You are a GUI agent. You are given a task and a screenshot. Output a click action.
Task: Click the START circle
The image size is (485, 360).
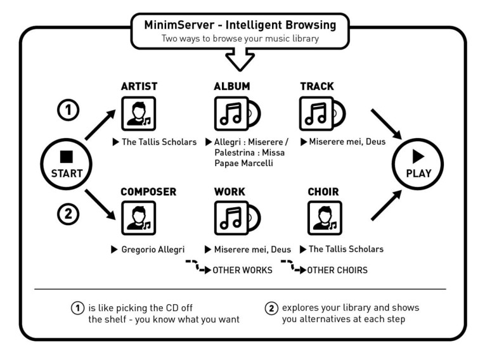pyautogui.click(x=66, y=164)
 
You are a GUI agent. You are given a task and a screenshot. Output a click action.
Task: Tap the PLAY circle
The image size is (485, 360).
pyautogui.click(x=418, y=164)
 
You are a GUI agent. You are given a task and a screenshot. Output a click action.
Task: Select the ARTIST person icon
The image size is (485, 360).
pyautogui.click(x=139, y=113)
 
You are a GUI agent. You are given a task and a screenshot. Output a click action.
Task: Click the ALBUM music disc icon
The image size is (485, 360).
pyautogui.click(x=237, y=113)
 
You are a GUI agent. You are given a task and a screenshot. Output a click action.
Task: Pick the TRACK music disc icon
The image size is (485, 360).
pyautogui.click(x=322, y=113)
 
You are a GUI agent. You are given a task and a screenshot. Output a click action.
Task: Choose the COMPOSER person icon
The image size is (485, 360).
pyautogui.click(x=139, y=218)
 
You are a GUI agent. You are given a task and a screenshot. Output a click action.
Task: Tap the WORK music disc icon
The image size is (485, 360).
pyautogui.click(x=237, y=218)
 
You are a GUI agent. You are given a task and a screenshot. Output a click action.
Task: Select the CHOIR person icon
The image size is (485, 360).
pyautogui.click(x=325, y=218)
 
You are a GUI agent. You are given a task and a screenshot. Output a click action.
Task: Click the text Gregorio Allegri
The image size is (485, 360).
pyautogui.click(x=153, y=250)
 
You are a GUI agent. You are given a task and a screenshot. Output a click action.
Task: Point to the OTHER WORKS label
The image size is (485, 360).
pyautogui.click(x=242, y=270)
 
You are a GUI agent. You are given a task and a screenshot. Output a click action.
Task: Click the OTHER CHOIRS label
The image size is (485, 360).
pyautogui.click(x=337, y=270)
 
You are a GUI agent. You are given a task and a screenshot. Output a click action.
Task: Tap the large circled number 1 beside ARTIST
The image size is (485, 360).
pyautogui.click(x=68, y=110)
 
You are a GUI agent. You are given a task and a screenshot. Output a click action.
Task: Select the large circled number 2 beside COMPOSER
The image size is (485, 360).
pyautogui.click(x=68, y=214)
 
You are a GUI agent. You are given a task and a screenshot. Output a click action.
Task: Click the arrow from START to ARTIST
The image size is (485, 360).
pyautogui.click(x=100, y=125)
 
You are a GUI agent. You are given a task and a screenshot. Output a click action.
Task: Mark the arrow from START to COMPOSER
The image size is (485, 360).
pyautogui.click(x=100, y=205)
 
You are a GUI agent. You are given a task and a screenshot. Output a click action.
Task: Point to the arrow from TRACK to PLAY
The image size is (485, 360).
pyautogui.click(x=387, y=124)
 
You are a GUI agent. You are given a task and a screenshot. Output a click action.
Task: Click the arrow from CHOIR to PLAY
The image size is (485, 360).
pyautogui.click(x=387, y=205)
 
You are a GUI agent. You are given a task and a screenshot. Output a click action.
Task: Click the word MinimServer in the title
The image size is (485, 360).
pyautogui.click(x=179, y=25)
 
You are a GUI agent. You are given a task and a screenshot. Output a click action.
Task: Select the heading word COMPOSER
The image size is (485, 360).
pyautogui.click(x=148, y=192)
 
